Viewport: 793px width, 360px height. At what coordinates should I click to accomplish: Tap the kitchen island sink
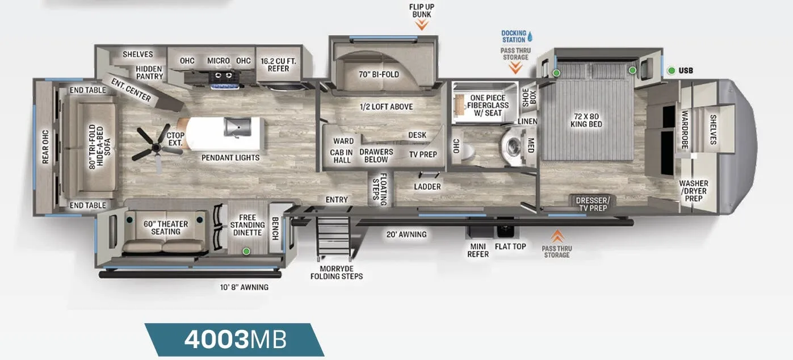point(237,127)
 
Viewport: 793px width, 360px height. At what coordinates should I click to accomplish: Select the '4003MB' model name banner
point(234,340)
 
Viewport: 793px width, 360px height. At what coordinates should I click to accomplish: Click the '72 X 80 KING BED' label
point(586,120)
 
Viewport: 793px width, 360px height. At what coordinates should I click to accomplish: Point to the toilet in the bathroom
point(467,152)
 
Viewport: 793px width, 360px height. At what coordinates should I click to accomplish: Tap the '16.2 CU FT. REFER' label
point(278,65)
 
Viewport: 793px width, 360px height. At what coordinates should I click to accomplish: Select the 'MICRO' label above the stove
point(219,61)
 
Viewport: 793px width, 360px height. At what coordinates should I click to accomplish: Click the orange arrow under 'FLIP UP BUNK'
point(422,25)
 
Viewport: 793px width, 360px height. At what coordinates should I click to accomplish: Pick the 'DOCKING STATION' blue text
point(514,36)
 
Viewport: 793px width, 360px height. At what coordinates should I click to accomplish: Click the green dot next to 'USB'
point(671,71)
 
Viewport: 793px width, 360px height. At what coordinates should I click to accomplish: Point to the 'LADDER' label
point(427,187)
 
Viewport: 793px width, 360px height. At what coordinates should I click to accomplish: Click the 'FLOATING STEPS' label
point(380,190)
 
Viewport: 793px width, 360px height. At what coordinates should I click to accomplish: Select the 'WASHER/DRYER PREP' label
point(694,191)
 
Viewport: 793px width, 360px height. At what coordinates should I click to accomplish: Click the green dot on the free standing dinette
point(246,252)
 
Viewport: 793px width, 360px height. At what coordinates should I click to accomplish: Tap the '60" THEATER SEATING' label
point(166,228)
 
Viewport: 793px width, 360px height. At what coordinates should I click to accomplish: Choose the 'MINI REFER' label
point(478,250)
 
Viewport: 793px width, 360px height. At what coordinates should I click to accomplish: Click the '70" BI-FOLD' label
point(379,74)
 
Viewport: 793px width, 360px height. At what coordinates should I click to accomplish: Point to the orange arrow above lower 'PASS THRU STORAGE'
point(557,236)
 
